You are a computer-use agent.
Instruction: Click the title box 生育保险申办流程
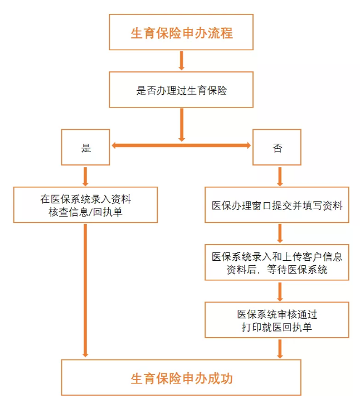tap(181, 32)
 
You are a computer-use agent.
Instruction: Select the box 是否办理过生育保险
tap(181, 90)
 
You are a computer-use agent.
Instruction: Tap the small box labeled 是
tap(86, 147)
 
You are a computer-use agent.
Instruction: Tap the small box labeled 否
tap(277, 147)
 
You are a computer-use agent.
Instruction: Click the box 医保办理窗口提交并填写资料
tap(277, 204)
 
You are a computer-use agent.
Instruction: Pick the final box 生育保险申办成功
tap(181, 377)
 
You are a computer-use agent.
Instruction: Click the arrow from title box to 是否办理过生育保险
tap(182, 61)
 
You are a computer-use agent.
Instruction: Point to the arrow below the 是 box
tap(85, 177)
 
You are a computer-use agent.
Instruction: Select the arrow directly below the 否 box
tap(280, 177)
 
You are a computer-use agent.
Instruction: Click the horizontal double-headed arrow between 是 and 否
tap(181, 145)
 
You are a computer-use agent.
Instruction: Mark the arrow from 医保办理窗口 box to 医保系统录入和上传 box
tap(280, 233)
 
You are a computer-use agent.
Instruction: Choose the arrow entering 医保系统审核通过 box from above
tap(280, 292)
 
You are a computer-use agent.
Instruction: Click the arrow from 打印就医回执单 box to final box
tap(280, 349)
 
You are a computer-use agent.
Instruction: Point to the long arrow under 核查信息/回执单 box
tap(85, 290)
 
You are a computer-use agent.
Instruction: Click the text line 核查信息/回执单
tap(85, 212)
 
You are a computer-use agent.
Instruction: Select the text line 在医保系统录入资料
tap(86, 199)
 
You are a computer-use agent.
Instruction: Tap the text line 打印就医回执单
tap(277, 327)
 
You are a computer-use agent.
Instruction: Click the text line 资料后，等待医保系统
tap(277, 270)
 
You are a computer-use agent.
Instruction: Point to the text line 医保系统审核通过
tap(277, 314)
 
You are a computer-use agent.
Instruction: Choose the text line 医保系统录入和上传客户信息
tap(277, 257)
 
